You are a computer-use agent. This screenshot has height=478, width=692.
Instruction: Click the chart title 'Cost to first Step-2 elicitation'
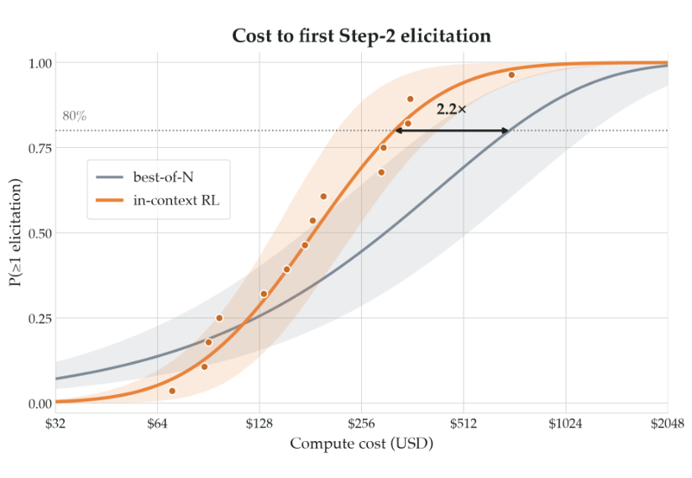point(361,36)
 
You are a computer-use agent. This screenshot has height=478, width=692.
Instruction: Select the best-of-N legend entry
point(144,177)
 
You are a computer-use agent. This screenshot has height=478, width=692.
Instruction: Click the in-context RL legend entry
point(158,201)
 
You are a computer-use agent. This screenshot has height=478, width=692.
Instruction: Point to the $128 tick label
point(259,424)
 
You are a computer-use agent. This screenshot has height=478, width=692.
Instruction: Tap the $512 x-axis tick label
point(464,424)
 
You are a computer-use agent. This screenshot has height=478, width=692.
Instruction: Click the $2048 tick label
point(668,424)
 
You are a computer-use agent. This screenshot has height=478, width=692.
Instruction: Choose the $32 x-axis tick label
point(55,424)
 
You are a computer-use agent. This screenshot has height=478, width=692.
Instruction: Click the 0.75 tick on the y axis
point(40,149)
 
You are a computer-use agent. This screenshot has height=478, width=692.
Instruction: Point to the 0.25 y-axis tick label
point(40,318)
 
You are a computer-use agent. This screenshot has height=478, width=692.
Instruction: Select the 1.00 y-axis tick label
point(40,64)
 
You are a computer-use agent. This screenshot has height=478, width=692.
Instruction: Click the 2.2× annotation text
point(451,109)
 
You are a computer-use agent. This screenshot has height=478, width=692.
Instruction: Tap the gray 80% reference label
point(74,116)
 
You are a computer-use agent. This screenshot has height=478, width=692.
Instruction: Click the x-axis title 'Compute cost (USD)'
point(361,444)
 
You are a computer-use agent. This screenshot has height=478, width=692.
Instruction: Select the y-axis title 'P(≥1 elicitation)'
point(16,233)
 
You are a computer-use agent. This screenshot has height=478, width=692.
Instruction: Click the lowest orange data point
point(172,391)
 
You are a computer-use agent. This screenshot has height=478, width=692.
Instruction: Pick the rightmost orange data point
point(511,75)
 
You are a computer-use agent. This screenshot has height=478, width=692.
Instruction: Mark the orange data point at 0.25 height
point(219,318)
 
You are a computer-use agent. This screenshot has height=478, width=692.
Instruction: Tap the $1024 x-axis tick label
point(565,424)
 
